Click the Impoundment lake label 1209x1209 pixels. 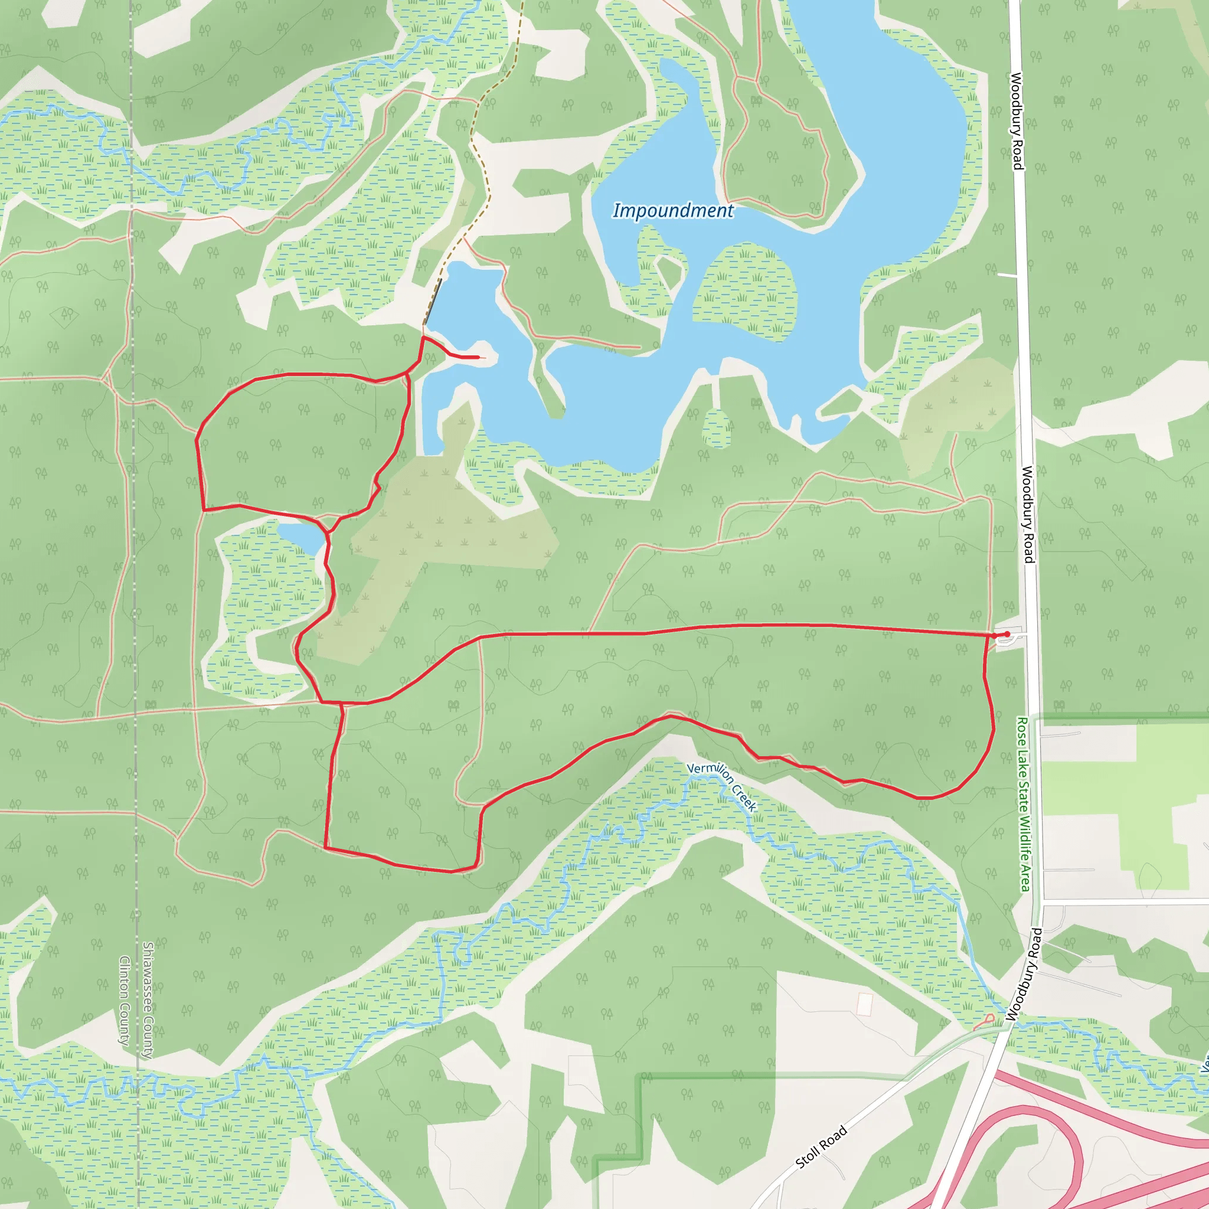(673, 211)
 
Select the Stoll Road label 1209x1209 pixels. (821, 1146)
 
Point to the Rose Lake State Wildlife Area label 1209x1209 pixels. (1024, 804)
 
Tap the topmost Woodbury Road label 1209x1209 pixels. (1017, 121)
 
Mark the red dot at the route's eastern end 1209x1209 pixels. (1007, 634)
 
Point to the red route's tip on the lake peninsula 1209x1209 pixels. (478, 357)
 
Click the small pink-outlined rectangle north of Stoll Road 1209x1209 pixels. (864, 1004)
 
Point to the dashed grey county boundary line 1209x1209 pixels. (133, 563)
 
